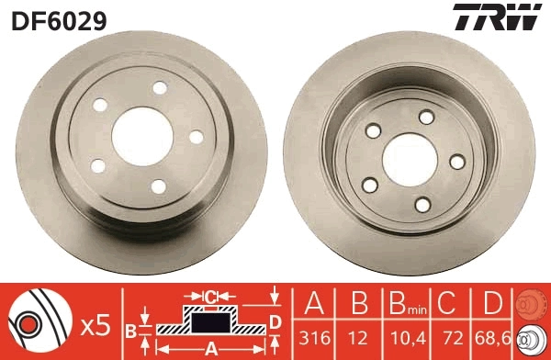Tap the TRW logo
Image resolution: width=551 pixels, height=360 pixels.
507,17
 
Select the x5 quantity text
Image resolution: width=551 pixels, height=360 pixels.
95,325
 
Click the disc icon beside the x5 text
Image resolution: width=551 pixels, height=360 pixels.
39,322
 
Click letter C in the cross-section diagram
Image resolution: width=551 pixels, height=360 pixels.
211,296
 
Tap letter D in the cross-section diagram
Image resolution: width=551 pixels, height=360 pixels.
275,321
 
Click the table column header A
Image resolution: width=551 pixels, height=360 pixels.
313,302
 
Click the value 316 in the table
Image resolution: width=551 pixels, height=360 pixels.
313,337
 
